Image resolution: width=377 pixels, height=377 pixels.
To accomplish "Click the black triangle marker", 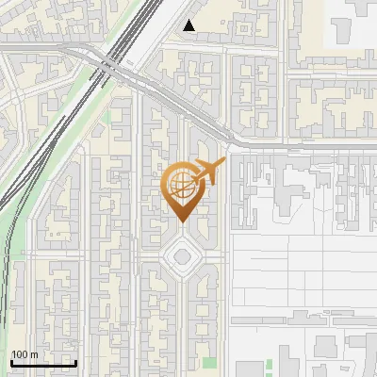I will (190, 26).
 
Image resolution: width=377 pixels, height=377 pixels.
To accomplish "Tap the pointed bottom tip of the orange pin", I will (180, 222).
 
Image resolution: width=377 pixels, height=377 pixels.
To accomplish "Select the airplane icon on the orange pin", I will (207, 172).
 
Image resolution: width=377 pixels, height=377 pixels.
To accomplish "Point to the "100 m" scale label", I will (25, 354).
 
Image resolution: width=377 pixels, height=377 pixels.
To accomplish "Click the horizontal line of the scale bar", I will (43, 363).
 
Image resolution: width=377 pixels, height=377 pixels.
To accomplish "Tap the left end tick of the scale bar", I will (11, 362).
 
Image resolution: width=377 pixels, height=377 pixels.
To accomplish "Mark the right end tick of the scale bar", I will (75, 362).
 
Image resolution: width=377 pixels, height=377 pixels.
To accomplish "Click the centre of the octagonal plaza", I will (180, 254).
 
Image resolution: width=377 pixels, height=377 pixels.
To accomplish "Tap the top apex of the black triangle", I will (190, 21).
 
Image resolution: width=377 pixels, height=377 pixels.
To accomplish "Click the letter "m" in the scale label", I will (34, 354).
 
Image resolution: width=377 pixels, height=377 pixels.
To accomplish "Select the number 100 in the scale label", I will (20, 354).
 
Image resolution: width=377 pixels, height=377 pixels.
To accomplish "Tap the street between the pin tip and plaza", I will (180, 231).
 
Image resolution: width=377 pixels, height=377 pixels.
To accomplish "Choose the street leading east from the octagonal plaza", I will (214, 255).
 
